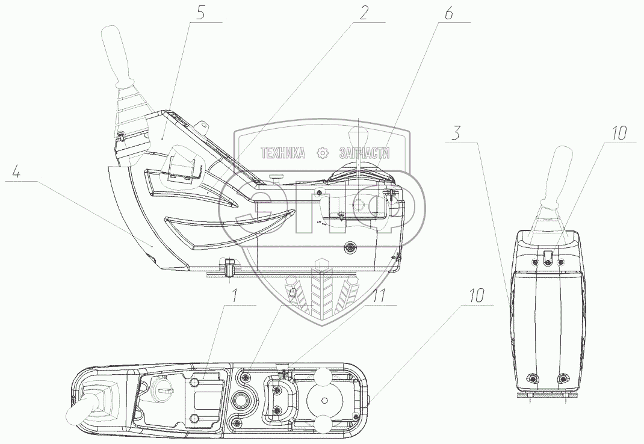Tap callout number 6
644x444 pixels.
(x=448, y=13)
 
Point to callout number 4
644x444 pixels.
(x=16, y=173)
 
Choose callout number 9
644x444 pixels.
(x=292, y=295)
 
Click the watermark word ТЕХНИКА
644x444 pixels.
(x=283, y=153)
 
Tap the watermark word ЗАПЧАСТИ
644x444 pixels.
(x=365, y=153)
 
